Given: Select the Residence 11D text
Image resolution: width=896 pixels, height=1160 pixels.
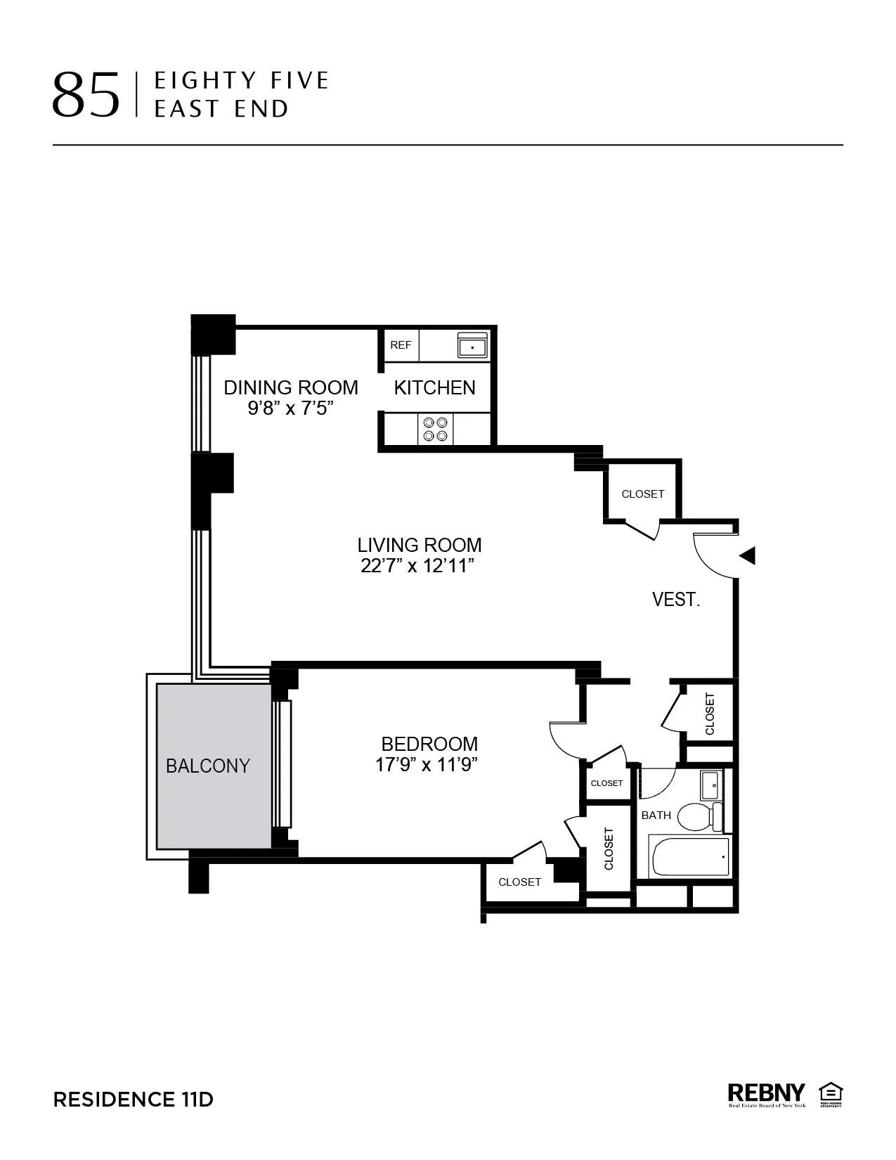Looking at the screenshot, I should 133,1100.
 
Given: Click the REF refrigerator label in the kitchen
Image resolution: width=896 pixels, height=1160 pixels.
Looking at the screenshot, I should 401,345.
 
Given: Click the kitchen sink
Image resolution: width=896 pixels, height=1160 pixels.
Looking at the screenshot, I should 472,346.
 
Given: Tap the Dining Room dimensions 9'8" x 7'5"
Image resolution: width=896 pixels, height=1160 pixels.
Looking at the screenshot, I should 290,408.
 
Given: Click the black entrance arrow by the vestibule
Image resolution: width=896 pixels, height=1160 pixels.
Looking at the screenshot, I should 748,555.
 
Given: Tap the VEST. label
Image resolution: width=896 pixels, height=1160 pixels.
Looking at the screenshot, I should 676,600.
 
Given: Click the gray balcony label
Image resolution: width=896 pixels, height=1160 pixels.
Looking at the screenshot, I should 208,766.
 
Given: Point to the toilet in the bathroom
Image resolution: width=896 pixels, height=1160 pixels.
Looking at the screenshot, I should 706,816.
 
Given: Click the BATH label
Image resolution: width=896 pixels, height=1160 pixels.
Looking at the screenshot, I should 656,816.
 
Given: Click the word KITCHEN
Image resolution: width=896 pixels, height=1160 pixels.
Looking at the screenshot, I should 434,387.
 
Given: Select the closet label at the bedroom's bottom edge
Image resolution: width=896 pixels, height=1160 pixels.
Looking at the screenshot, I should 519,882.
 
